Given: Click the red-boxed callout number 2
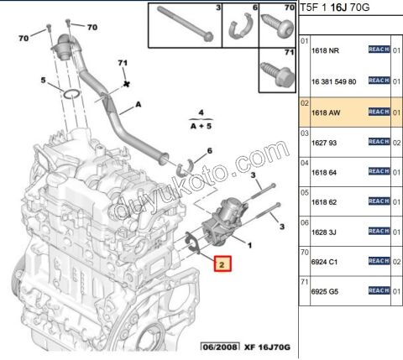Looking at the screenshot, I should tap(222, 264).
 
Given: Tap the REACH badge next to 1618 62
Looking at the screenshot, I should tap(379, 202).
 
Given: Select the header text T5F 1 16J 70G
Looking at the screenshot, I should tap(346, 8).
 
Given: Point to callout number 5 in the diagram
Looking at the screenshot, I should tap(43, 81).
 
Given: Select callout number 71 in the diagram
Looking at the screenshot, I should tap(123, 63).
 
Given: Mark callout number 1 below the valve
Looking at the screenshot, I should tap(249, 244).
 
